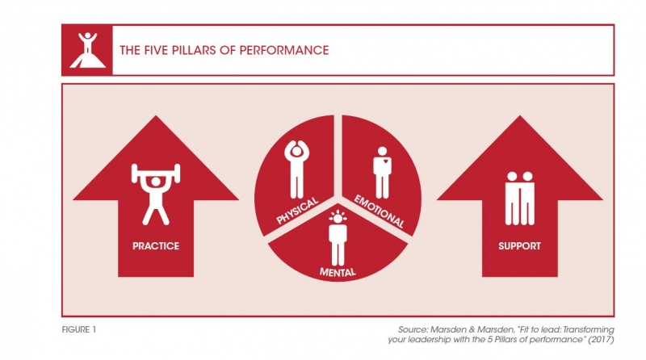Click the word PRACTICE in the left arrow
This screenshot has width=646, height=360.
pos(156,246)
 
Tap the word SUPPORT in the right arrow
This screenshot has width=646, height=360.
pos(519,246)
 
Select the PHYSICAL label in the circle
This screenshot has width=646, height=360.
pos(297,211)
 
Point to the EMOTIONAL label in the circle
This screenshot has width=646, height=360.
pos(379,211)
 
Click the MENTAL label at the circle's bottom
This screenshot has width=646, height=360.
pos(338,272)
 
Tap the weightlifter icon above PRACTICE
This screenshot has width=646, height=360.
pos(156,194)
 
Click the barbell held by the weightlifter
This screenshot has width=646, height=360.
pos(156,173)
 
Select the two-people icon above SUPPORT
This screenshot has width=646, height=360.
pos(519,199)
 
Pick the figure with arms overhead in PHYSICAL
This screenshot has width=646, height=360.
pos(296,169)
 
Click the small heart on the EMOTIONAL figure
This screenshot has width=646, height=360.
pos(385,161)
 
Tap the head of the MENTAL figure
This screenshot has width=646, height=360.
pos(338,218)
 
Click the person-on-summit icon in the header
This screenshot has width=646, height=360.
pos(88,50)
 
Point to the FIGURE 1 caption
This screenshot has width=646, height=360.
pos(78,329)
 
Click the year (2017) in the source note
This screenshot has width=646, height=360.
pos(600,340)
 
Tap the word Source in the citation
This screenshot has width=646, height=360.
pos(413,329)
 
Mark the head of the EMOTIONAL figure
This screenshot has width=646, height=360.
pos(382,151)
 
